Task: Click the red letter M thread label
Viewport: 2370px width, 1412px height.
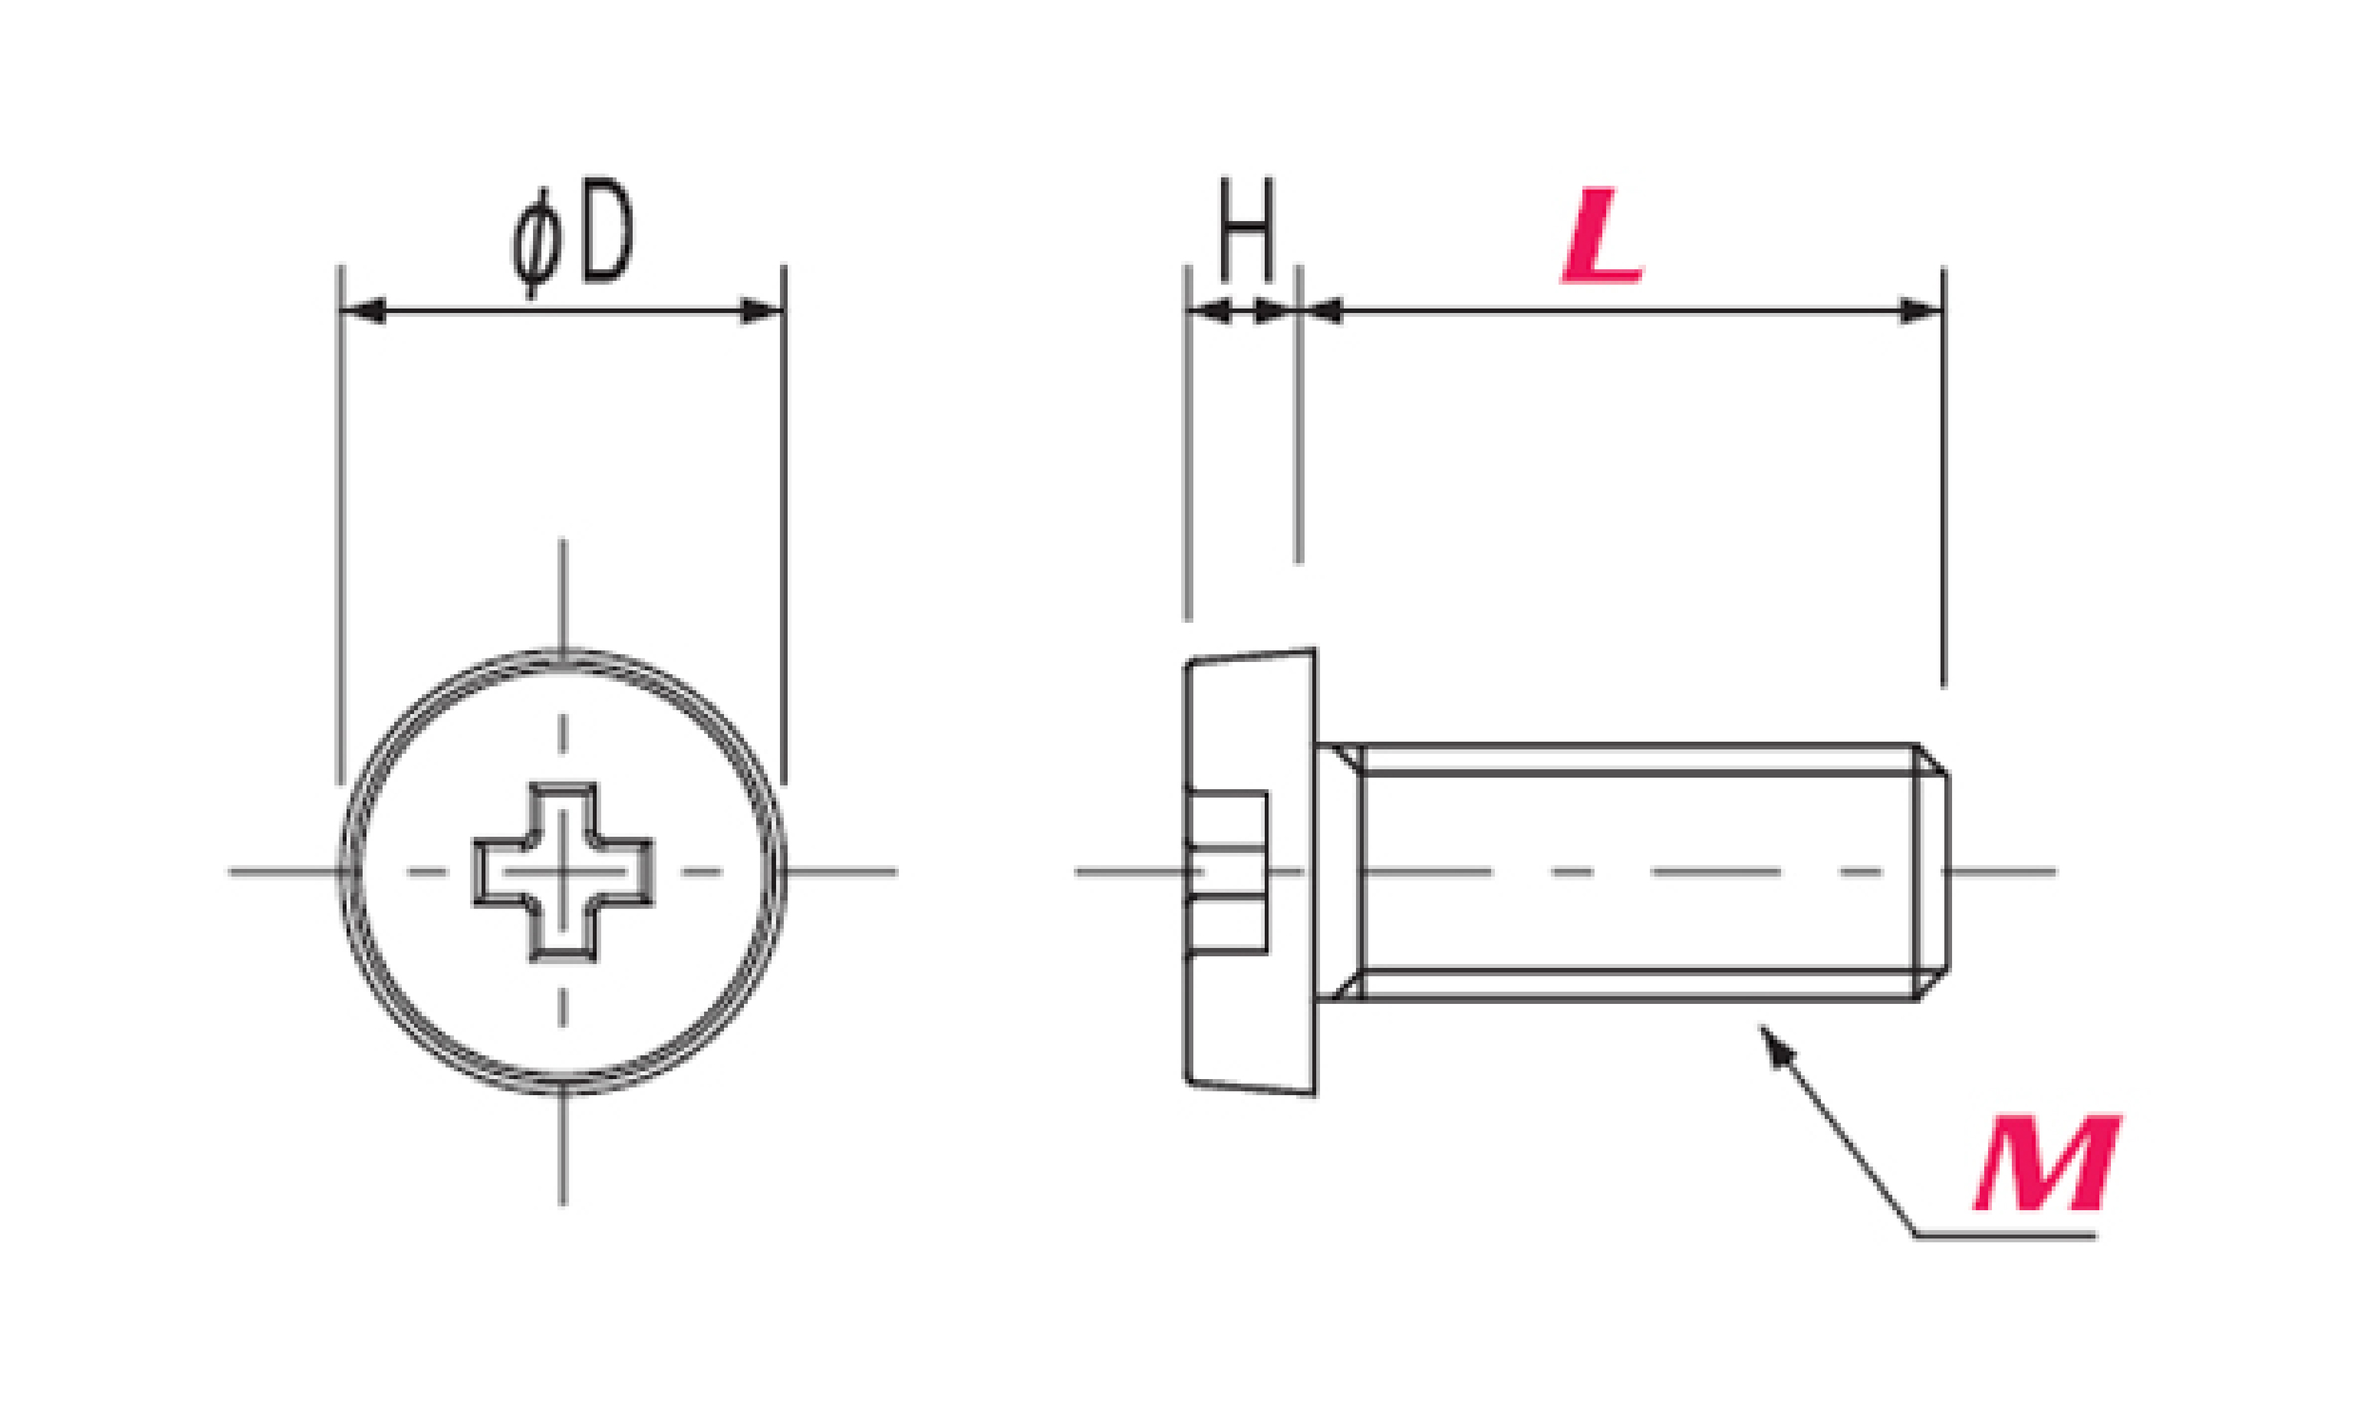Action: [x=2049, y=1163]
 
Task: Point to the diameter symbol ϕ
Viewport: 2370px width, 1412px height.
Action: [x=537, y=244]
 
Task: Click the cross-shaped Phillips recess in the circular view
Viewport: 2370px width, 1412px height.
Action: [x=563, y=871]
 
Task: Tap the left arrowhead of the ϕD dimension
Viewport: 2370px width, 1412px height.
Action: [x=363, y=311]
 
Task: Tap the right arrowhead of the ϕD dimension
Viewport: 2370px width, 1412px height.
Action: [x=761, y=311]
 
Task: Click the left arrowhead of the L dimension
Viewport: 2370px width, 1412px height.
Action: [x=1321, y=311]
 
